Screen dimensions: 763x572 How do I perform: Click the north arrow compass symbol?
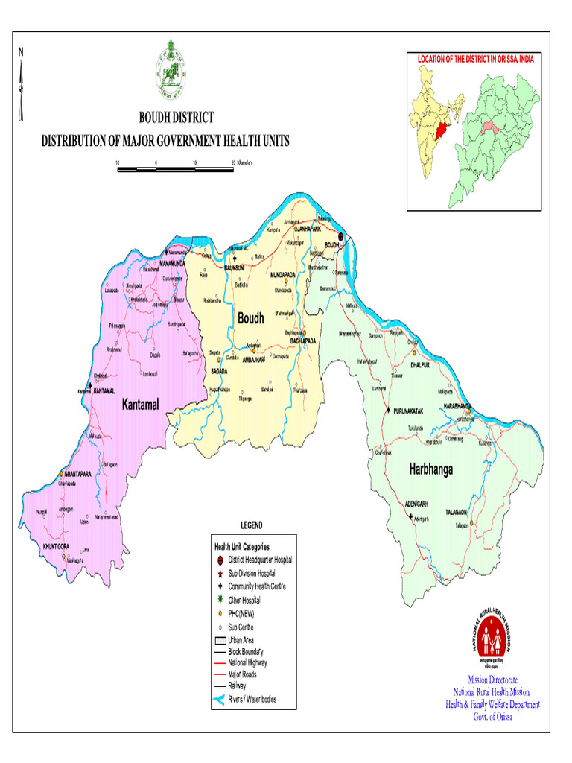[22, 85]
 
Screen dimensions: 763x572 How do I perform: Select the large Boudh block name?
[250, 318]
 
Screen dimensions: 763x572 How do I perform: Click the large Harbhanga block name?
[430, 469]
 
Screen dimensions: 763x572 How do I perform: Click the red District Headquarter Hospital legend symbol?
[220, 560]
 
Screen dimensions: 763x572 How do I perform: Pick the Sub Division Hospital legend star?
[220, 573]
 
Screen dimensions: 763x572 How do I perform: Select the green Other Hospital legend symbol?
[220, 599]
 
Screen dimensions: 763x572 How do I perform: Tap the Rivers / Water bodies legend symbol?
[219, 700]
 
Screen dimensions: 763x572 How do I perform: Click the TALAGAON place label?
[457, 513]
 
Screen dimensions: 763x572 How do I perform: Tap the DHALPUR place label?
[421, 365]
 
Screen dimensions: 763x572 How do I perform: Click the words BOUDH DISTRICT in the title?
[177, 118]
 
